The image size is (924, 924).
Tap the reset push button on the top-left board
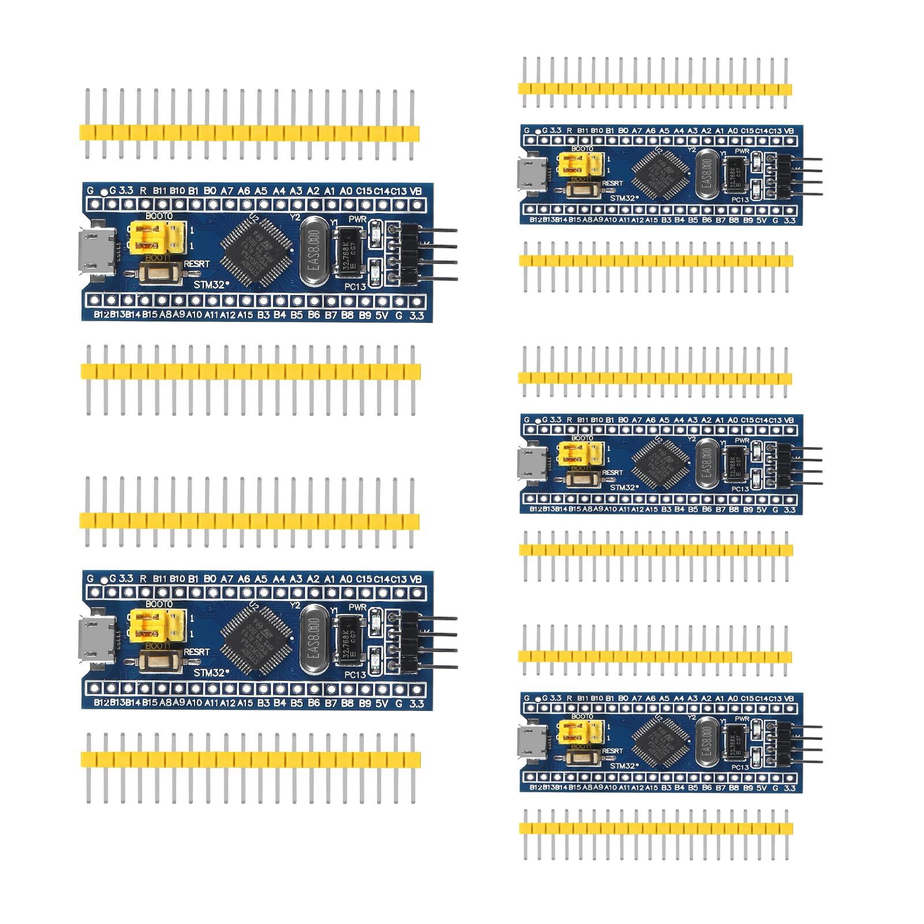click(x=160, y=273)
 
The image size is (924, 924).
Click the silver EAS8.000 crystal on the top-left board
click(x=314, y=251)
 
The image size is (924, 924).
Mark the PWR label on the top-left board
click(x=357, y=219)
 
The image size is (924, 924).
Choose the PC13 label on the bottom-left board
click(x=355, y=675)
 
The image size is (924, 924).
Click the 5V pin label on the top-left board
click(x=382, y=315)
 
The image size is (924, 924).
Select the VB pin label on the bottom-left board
click(x=415, y=579)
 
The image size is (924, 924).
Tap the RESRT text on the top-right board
click(x=612, y=184)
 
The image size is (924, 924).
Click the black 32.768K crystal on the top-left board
click(x=349, y=252)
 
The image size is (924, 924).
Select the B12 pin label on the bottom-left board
click(x=102, y=703)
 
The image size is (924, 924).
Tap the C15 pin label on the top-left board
click(x=364, y=191)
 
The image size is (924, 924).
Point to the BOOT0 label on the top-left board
click(x=159, y=216)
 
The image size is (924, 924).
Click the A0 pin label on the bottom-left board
click(x=346, y=579)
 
